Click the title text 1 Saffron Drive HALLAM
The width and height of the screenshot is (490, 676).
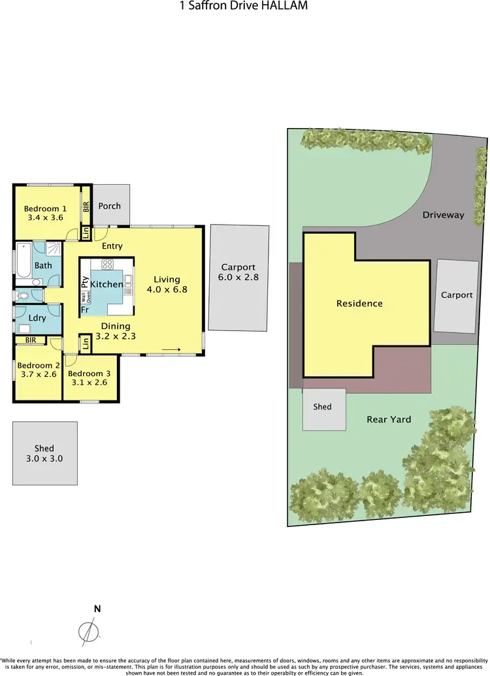pos(243,6)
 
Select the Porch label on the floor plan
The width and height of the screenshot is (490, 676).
pos(109,206)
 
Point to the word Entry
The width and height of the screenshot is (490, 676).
pos(112,246)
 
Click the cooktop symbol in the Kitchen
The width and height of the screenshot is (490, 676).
pos(108,265)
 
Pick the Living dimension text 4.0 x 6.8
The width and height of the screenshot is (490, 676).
pos(167,289)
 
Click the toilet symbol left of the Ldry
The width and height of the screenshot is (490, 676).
pos(23,295)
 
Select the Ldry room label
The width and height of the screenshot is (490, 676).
pos(37,318)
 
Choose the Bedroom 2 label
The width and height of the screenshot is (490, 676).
pos(39,365)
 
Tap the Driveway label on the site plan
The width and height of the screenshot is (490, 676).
pos(443,215)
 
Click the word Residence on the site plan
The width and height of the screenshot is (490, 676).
pos(359,304)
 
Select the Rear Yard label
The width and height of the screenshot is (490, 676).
pos(389,419)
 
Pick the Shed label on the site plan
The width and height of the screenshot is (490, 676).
pos(322,406)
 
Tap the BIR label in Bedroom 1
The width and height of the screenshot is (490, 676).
pos(86,207)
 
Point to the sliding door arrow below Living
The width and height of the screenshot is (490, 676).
pos(171,350)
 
